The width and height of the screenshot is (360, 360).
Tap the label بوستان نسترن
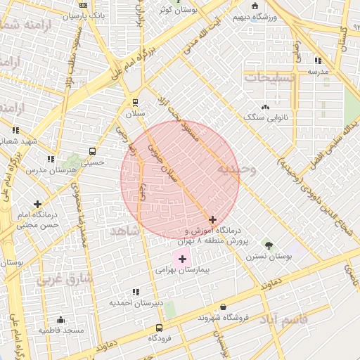click(x=268, y=257)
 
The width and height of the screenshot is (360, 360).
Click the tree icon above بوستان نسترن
click(x=269, y=245)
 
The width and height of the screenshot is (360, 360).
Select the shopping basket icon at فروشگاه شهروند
click(x=224, y=307)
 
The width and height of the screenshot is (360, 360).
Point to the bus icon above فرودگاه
click(x=159, y=328)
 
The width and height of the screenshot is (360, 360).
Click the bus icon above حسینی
click(x=92, y=151)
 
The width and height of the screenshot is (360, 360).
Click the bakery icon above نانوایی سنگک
click(x=265, y=107)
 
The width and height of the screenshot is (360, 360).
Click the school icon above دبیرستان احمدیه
click(x=136, y=291)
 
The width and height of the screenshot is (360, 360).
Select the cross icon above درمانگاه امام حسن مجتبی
click(x=37, y=204)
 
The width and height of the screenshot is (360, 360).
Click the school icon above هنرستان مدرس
click(x=50, y=159)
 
